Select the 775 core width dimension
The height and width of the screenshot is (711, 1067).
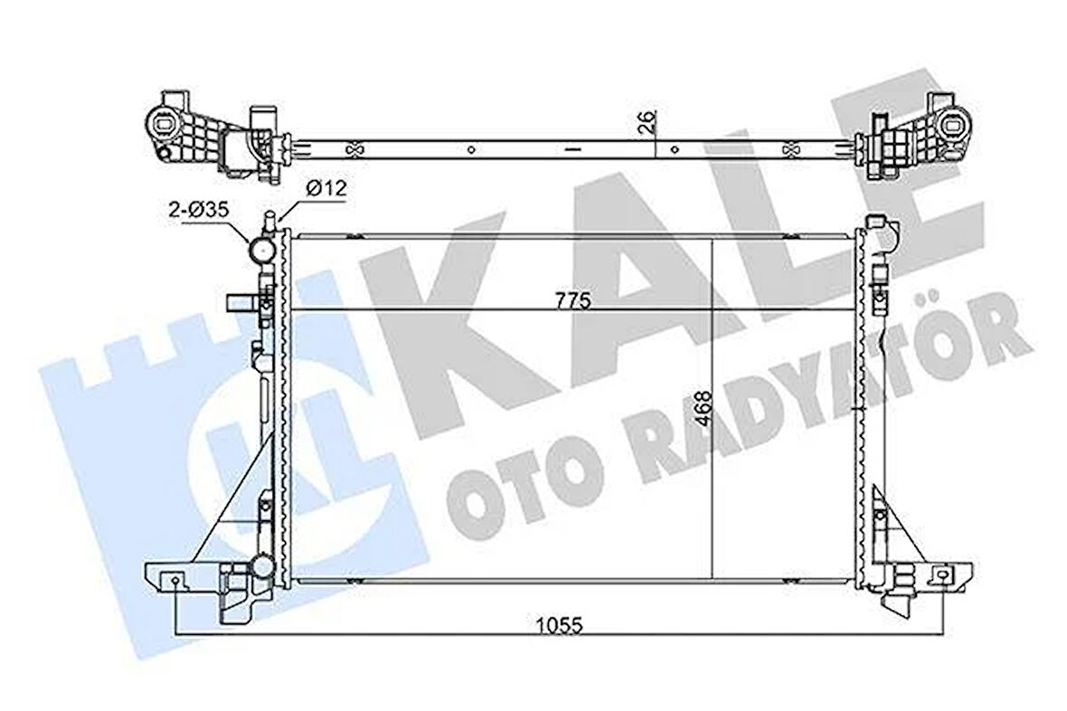click(x=572, y=302)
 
